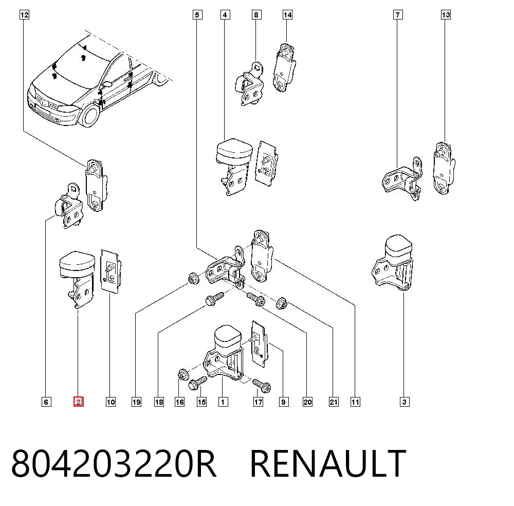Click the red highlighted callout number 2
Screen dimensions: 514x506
pyautogui.click(x=78, y=402)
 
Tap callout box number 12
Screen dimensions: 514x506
pyautogui.click(x=24, y=15)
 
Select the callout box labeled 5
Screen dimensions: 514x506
pyautogui.click(x=197, y=15)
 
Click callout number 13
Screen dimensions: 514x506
pyautogui.click(x=446, y=15)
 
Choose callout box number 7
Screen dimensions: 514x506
pyautogui.click(x=398, y=15)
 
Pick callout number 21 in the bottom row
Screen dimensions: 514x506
pyautogui.click(x=334, y=402)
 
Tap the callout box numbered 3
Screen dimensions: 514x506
pyautogui.click(x=404, y=402)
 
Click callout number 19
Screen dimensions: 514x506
pyautogui.click(x=136, y=402)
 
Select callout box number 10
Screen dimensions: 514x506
pyautogui.click(x=111, y=402)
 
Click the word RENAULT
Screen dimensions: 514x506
pyautogui.click(x=328, y=463)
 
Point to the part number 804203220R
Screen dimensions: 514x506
pyautogui.click(x=114, y=463)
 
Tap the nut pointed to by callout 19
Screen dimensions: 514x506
pyautogui.click(x=193, y=278)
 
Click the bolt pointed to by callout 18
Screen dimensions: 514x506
pyautogui.click(x=214, y=299)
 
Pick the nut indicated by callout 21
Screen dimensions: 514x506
pyautogui.click(x=282, y=303)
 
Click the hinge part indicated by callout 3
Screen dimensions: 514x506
pyautogui.click(x=392, y=262)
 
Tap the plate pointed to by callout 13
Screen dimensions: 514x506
pyautogui.click(x=444, y=168)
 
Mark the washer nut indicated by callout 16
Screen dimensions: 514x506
pyautogui.click(x=182, y=374)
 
